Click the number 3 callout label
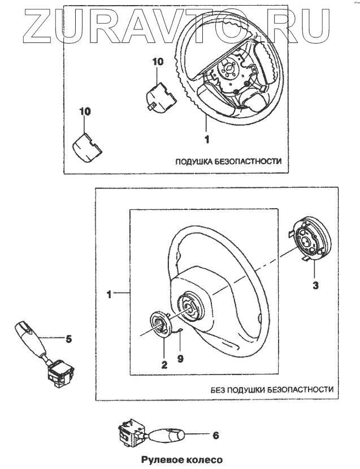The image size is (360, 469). click(x=316, y=286)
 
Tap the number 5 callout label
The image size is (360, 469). click(x=68, y=339)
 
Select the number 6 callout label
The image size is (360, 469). click(x=216, y=436)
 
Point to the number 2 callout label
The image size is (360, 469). click(x=164, y=365)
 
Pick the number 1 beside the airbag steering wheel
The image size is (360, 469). click(x=207, y=138)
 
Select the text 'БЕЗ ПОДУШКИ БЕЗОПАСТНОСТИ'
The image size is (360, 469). click(x=271, y=390)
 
